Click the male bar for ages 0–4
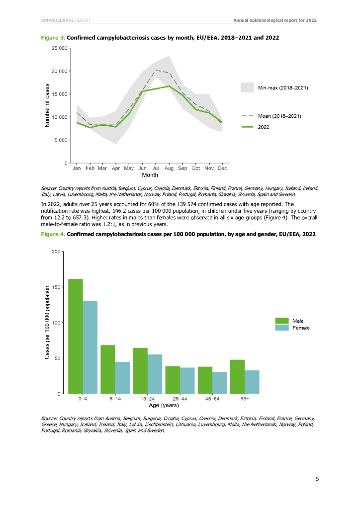tap(76, 336)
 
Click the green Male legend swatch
tap(282, 321)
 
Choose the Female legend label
tap(301, 328)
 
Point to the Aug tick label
tap(169, 169)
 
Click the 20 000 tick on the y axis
tap(60, 71)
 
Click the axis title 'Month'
tap(150, 175)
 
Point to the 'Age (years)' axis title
tap(164, 406)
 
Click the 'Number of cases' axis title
tap(48, 105)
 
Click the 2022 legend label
tap(264, 127)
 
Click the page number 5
tap(317, 479)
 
